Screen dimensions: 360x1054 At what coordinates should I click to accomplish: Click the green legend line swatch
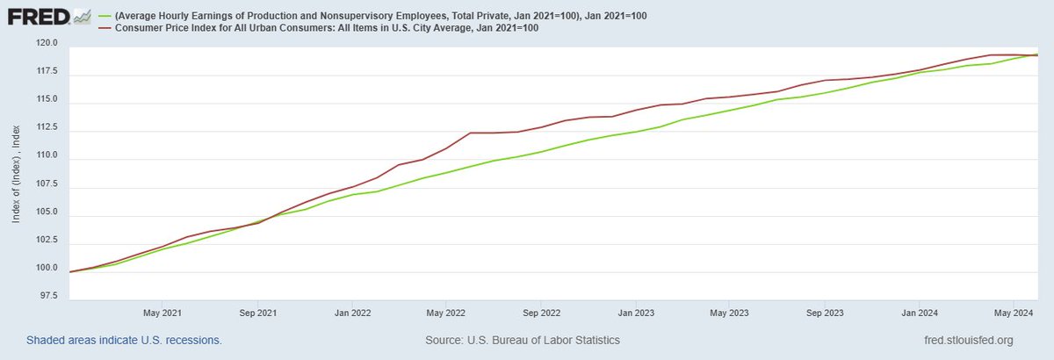(x=104, y=15)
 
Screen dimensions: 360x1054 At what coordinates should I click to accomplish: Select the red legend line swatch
(x=104, y=28)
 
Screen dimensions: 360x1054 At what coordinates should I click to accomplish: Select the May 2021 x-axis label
(x=161, y=313)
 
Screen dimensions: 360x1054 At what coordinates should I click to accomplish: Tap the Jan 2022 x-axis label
(x=351, y=313)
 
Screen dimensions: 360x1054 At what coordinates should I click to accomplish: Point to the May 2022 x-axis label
(x=445, y=313)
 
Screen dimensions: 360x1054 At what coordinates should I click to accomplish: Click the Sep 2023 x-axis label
(x=826, y=313)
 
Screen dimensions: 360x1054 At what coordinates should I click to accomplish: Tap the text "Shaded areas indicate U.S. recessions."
(x=124, y=340)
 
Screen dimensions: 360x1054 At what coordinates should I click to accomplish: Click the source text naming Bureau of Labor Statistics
(x=522, y=340)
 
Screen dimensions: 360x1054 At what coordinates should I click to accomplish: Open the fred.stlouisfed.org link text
(x=964, y=340)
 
